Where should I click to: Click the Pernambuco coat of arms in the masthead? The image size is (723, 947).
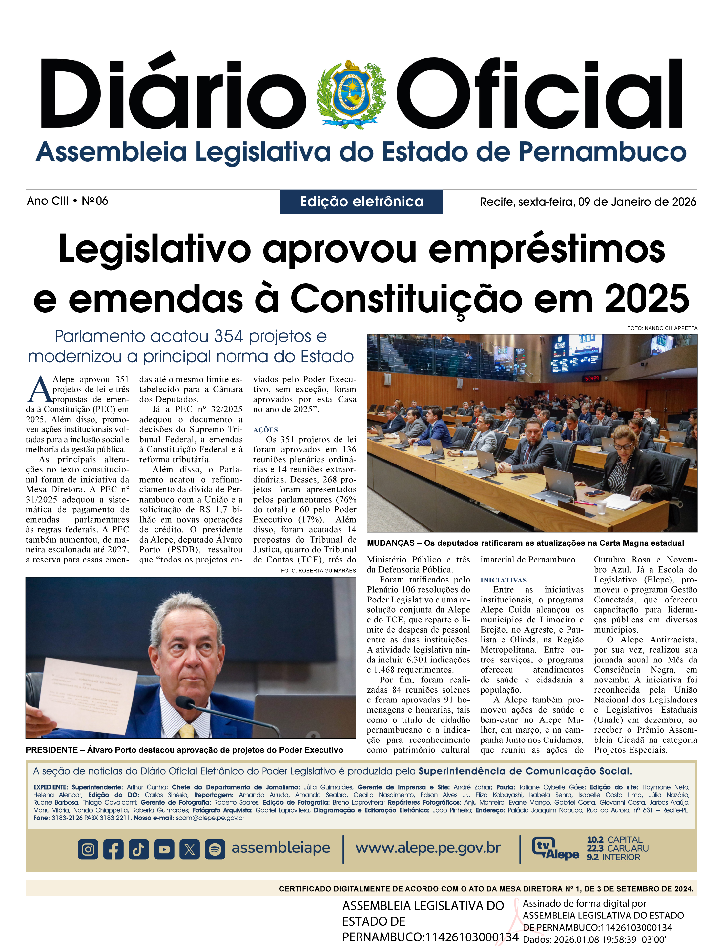[x=351, y=94]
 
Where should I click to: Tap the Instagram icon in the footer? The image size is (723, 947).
[x=88, y=849]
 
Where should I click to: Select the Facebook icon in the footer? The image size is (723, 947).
[x=113, y=849]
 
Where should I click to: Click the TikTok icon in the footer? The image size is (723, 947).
[x=138, y=849]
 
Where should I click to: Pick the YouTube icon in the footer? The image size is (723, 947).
[x=164, y=849]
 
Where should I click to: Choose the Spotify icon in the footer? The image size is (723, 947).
[x=215, y=849]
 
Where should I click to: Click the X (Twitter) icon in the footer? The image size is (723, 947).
[x=189, y=849]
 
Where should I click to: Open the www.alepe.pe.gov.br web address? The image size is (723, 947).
[x=428, y=848]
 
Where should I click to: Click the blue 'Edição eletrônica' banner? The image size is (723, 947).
[x=361, y=201]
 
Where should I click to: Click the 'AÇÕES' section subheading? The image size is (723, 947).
[x=265, y=430]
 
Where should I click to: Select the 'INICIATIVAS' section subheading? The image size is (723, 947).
[x=504, y=580]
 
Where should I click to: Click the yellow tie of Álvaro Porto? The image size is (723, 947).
[x=187, y=731]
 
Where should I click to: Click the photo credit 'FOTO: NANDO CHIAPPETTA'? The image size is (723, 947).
[x=662, y=328]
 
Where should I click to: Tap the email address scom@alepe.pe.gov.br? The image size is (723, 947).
[x=210, y=818]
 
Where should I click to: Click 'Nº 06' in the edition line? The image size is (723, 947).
[x=95, y=201]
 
